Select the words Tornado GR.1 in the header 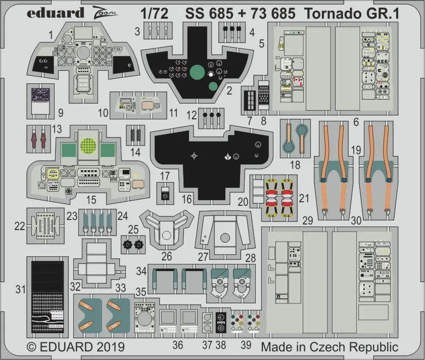tap(352, 13)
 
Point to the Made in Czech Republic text tap(329, 347)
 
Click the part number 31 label tap(20, 289)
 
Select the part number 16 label tap(187, 199)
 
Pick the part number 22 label tap(19, 227)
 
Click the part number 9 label tap(60, 113)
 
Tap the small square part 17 tap(165, 194)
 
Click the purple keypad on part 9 tap(38, 94)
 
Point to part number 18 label tap(295, 164)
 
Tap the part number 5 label tap(261, 43)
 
